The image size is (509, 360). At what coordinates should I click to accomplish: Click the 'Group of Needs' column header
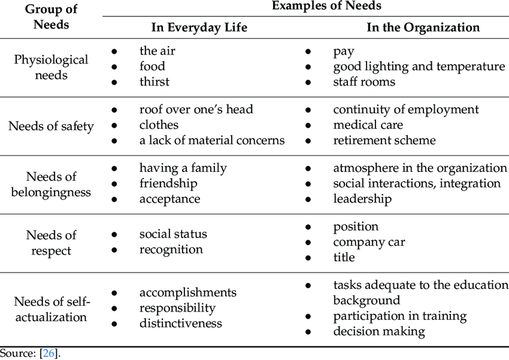(51, 17)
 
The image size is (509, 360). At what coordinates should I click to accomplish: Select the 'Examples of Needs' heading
(326, 6)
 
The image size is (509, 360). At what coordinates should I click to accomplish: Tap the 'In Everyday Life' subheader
(199, 28)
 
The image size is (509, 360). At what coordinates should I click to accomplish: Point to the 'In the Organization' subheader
(423, 28)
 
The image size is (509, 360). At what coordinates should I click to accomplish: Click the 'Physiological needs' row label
(51, 67)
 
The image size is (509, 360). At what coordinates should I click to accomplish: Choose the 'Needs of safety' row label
(51, 126)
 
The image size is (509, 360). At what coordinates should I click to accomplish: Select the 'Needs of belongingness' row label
(51, 184)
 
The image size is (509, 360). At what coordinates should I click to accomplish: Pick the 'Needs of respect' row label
(51, 243)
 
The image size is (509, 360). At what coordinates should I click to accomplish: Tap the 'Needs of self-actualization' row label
(51, 308)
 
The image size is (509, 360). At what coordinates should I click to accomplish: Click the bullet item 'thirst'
(154, 82)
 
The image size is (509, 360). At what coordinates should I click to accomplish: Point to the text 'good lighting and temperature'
(419, 66)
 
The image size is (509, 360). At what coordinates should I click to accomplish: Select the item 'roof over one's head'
(196, 110)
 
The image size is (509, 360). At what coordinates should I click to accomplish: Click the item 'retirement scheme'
(384, 141)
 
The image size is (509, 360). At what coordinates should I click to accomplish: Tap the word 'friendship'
(168, 183)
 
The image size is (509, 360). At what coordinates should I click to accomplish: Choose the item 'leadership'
(362, 199)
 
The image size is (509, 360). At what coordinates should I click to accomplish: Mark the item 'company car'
(369, 242)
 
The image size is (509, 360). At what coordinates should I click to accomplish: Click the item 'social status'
(173, 234)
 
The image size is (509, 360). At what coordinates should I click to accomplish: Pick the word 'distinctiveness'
(181, 323)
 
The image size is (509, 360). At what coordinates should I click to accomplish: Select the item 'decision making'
(379, 331)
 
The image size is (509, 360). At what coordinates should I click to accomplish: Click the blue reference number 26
(49, 353)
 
